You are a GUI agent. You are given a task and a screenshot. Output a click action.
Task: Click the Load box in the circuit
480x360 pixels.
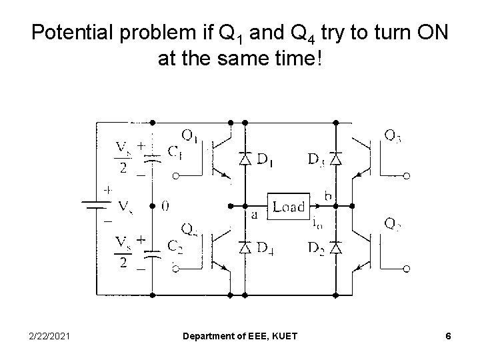[x=288, y=206]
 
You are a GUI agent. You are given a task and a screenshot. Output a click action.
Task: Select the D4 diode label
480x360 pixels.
[x=266, y=248]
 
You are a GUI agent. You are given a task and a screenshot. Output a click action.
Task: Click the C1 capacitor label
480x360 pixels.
[x=175, y=153]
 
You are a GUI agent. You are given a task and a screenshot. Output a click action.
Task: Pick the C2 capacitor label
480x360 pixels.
[x=175, y=246]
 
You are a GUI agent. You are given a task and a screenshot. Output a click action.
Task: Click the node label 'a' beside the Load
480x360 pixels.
[x=255, y=215]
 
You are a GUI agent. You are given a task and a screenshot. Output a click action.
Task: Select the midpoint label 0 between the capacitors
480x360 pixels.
[x=165, y=207]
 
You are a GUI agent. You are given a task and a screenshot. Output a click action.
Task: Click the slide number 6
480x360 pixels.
[x=449, y=337]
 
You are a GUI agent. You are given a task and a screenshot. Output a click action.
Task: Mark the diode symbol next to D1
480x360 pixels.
[x=245, y=159]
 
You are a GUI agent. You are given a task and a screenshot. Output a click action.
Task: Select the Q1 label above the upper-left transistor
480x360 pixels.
[x=189, y=136]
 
